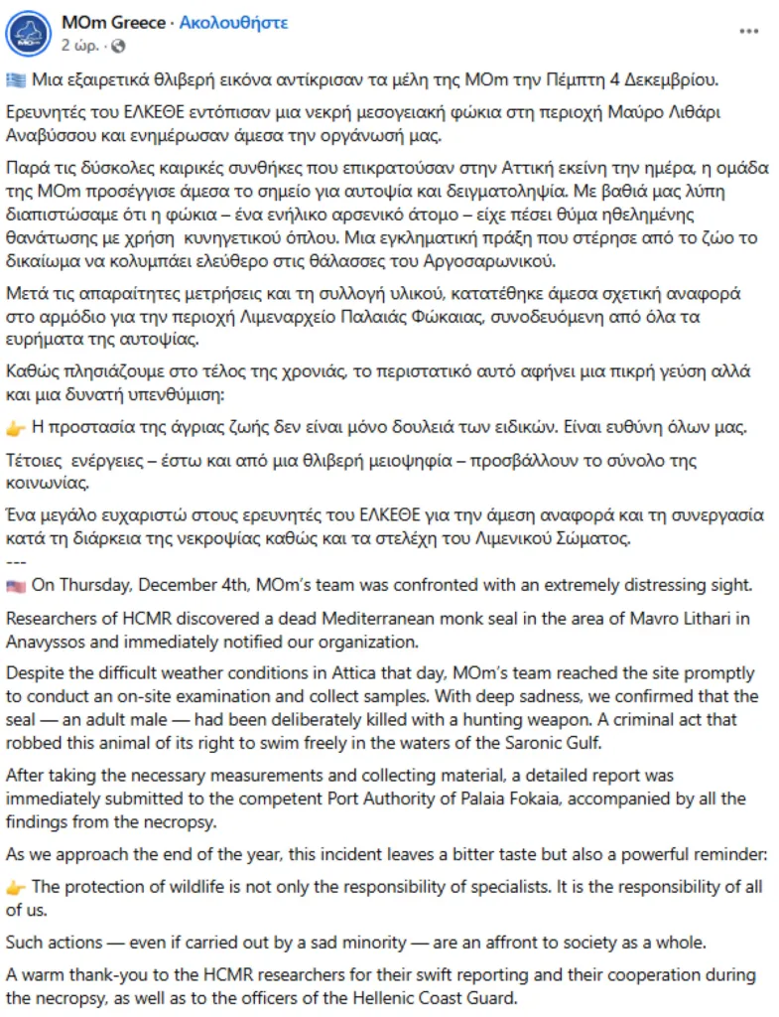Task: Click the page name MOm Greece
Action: pos(113,22)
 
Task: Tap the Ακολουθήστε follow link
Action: pos(233,22)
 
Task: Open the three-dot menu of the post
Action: pos(748,32)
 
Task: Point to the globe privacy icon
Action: pos(119,46)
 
